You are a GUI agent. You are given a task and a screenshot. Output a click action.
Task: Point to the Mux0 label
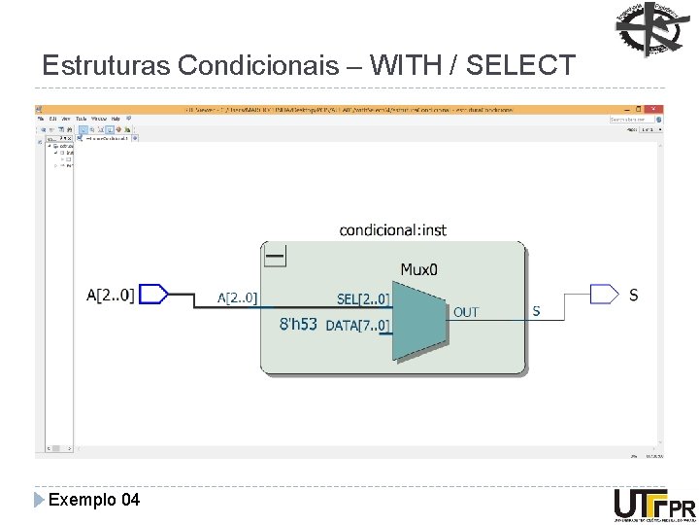click(x=419, y=268)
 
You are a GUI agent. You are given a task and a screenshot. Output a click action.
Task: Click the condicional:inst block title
click(x=392, y=230)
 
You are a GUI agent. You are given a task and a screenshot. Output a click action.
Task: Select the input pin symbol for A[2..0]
click(x=153, y=294)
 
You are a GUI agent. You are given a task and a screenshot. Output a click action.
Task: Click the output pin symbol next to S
click(x=604, y=294)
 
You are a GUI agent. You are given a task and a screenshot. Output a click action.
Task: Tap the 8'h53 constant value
click(x=298, y=324)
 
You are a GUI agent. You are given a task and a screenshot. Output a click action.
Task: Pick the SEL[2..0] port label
click(x=363, y=299)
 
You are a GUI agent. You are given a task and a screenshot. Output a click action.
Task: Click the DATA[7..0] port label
click(x=357, y=325)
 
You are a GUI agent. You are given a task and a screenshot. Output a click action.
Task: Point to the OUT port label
click(x=466, y=312)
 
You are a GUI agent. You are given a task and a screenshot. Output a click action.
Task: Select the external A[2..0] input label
click(x=110, y=295)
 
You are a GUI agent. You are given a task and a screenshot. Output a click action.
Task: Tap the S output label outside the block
click(x=633, y=295)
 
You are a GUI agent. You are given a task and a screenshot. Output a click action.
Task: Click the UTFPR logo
click(x=654, y=506)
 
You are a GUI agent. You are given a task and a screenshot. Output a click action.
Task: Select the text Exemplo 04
click(x=93, y=500)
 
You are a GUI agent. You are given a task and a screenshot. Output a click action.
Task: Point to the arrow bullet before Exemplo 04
click(x=39, y=500)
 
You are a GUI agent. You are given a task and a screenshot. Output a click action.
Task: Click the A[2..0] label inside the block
click(x=237, y=298)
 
